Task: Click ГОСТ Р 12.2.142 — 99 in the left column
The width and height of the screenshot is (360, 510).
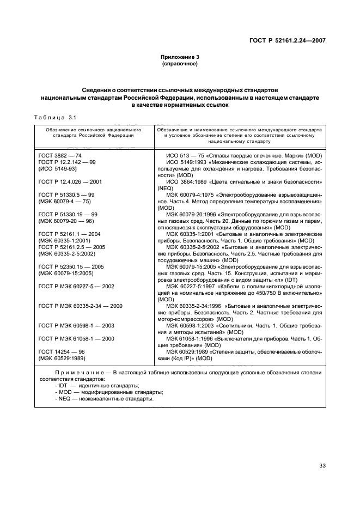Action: tap(67, 162)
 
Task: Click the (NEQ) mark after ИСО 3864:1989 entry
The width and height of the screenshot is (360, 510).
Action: tap(164, 187)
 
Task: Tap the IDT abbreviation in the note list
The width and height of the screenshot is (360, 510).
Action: tap(62, 385)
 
